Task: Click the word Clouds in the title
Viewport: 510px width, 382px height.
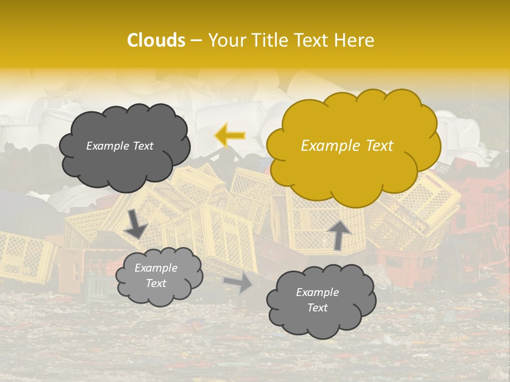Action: pyautogui.click(x=156, y=40)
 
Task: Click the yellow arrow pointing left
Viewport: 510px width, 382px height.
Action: pyautogui.click(x=229, y=136)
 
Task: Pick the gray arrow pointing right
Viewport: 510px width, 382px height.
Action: pyautogui.click(x=239, y=282)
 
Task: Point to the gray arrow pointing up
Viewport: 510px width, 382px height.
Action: pyautogui.click(x=338, y=234)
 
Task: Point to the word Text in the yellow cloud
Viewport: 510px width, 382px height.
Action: pyautogui.click(x=378, y=146)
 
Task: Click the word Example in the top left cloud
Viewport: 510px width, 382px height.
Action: pyautogui.click(x=108, y=146)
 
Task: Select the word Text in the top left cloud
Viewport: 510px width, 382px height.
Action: pyautogui.click(x=142, y=146)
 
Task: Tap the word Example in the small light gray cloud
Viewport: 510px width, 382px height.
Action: pyautogui.click(x=156, y=268)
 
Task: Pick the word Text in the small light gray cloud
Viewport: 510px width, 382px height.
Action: pyautogui.click(x=156, y=283)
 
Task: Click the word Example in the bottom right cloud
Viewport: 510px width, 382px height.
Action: pyautogui.click(x=317, y=292)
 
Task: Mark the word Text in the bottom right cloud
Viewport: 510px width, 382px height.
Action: pyautogui.click(x=317, y=308)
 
